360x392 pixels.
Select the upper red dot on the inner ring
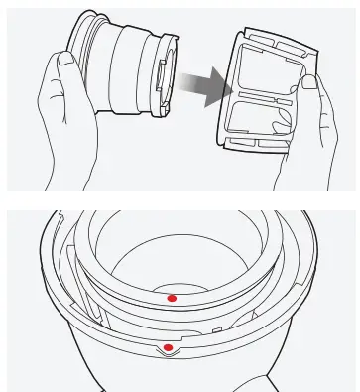tap(172, 296)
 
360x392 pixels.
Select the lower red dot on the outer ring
tap(169, 347)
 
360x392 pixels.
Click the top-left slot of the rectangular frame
tap(255, 47)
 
